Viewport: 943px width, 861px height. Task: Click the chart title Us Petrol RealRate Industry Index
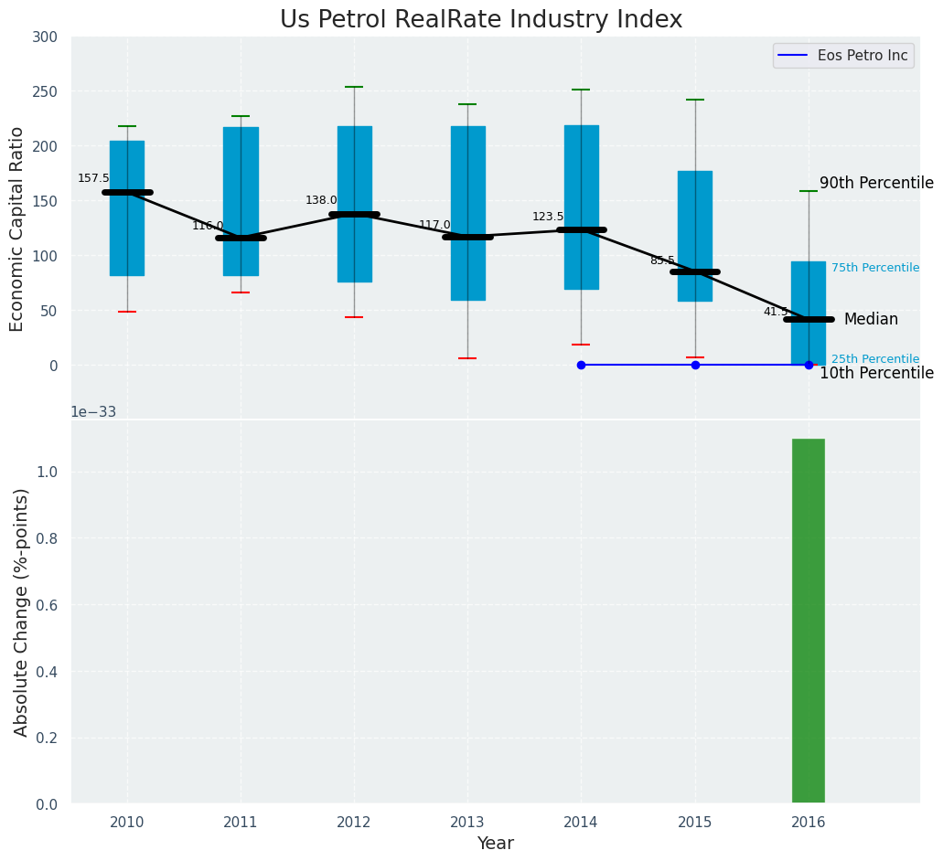[481, 20]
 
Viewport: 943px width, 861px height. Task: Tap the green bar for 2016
[809, 622]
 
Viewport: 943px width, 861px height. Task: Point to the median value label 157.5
[93, 179]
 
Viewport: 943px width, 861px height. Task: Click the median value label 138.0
[321, 200]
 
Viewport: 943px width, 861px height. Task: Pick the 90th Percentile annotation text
[876, 184]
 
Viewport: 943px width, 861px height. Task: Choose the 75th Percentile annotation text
[875, 268]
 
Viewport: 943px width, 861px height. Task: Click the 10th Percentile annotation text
[876, 374]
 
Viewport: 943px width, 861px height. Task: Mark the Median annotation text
[871, 320]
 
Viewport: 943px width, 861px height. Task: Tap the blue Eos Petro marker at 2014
[581, 365]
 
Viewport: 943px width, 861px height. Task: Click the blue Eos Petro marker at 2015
[695, 365]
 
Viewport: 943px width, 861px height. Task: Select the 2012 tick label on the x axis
[354, 824]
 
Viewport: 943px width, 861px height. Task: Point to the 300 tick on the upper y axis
[45, 37]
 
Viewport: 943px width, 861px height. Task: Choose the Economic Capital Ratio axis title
[17, 229]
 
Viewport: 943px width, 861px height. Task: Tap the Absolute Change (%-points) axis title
[22, 612]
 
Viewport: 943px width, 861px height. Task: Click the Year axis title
[496, 844]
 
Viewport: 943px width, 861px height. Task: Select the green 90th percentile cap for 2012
[354, 87]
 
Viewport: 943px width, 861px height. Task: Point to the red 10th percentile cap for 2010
[127, 312]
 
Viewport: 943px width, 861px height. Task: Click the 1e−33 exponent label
[93, 412]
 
